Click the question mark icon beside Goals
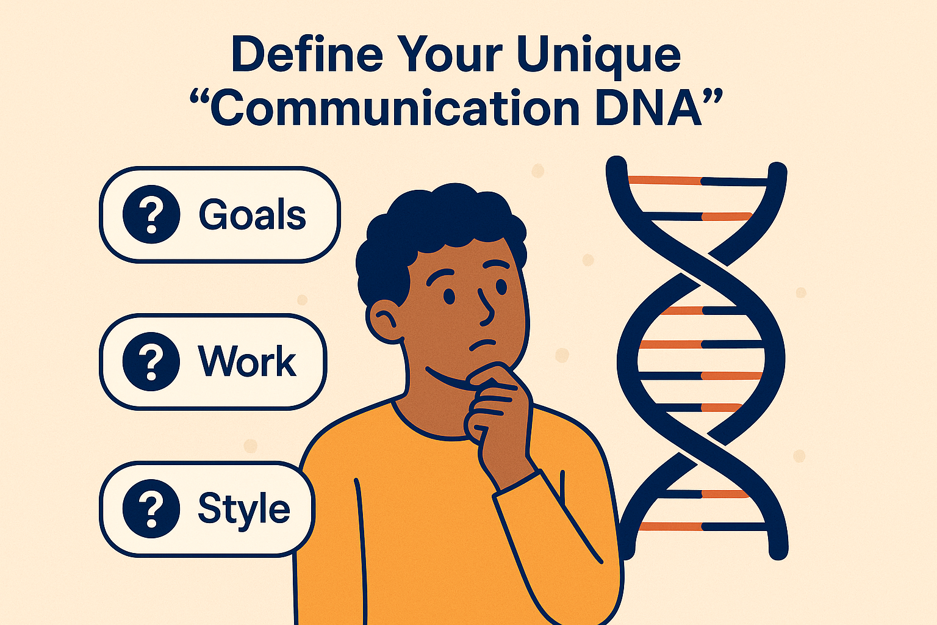pos(151,215)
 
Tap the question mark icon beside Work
pos(151,361)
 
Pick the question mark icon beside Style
pos(151,508)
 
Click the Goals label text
pos(252,215)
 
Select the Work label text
pos(247,361)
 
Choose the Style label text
pos(244,508)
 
